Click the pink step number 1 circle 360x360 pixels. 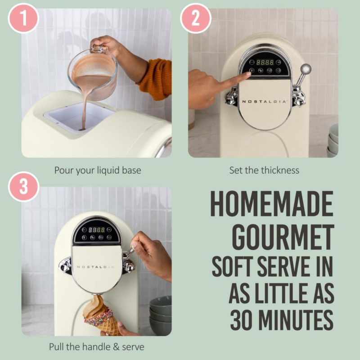(23, 18)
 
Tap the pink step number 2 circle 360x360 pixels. (196, 18)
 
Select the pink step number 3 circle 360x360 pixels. (23, 186)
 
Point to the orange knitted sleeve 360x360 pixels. (156, 79)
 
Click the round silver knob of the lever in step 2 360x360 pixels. (306, 69)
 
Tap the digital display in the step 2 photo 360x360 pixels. (265, 62)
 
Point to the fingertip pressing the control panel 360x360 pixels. (249, 74)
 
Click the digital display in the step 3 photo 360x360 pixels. (97, 229)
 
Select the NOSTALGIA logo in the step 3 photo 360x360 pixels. (96, 267)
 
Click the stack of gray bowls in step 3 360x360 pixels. (161, 315)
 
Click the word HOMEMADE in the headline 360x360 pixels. (272, 203)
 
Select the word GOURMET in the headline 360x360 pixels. (283, 237)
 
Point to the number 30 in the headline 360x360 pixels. (243, 320)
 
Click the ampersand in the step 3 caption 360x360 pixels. (116, 346)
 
